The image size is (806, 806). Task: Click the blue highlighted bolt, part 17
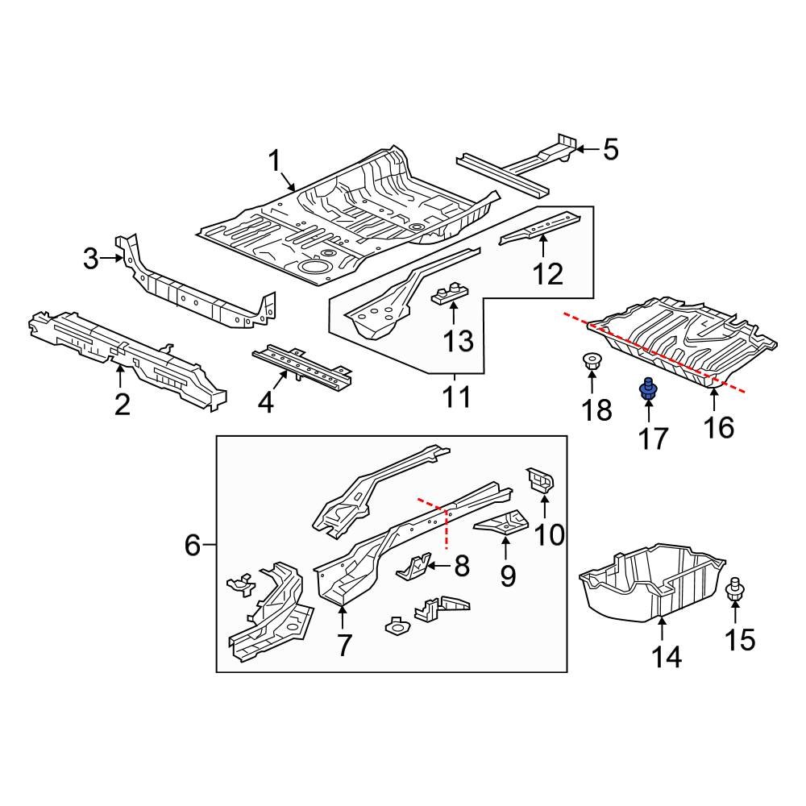[x=646, y=391]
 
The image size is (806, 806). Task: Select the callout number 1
[x=275, y=161]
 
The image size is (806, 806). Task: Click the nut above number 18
[x=590, y=364]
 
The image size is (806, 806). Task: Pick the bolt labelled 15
[x=735, y=592]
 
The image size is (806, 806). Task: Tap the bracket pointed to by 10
[x=540, y=480]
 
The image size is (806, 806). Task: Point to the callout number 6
[x=192, y=546]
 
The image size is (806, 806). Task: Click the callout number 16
[x=718, y=426]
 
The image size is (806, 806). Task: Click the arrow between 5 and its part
[x=586, y=149]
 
